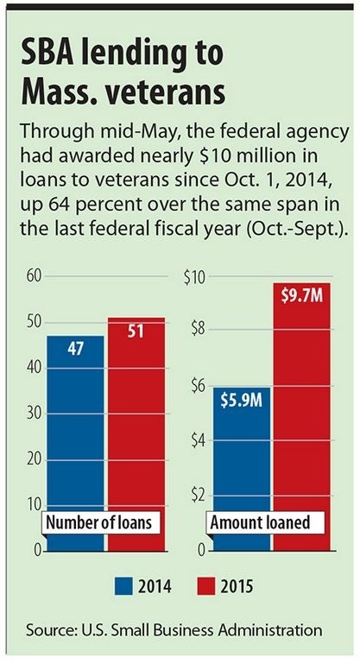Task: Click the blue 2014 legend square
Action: tap(123, 586)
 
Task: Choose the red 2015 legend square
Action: tap(206, 586)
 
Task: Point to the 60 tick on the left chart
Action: tap(34, 276)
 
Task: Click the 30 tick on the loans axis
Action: tap(34, 414)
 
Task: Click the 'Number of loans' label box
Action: tap(99, 522)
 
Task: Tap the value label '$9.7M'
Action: tap(301, 296)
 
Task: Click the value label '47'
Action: tap(75, 349)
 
